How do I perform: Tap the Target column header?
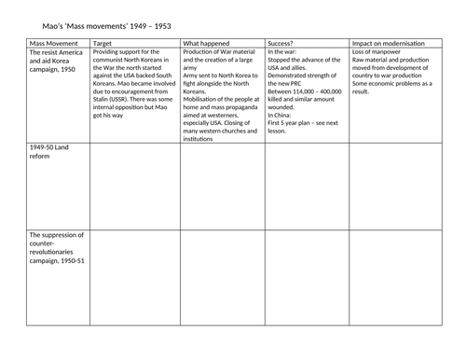103,43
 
